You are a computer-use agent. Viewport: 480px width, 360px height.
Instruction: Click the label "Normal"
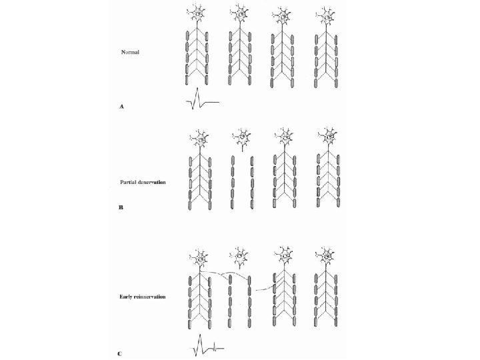coord(129,51)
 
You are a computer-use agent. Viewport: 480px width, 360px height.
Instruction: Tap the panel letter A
coord(121,106)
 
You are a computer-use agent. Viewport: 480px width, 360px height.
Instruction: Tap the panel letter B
coord(121,208)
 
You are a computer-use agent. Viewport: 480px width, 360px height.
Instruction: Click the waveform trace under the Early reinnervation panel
coord(207,347)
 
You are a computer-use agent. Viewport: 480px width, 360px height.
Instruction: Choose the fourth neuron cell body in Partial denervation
coord(327,139)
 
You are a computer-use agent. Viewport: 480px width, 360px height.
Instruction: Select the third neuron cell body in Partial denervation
coord(284,139)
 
